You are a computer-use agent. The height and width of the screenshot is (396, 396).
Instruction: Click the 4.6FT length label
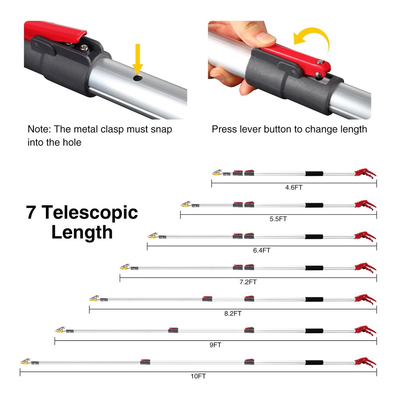coord(294,187)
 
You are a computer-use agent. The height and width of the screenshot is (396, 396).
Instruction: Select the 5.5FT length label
coord(278,219)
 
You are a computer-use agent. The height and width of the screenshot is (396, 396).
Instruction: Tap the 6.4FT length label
coord(262,250)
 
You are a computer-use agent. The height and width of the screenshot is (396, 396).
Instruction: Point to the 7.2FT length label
coord(248,282)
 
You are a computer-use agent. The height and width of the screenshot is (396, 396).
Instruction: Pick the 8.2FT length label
coord(233,313)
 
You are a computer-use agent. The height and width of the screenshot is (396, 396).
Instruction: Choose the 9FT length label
coord(215,345)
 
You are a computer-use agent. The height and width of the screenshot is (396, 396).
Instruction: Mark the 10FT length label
coord(198,376)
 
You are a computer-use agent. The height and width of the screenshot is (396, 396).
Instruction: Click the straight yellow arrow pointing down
coord(138,59)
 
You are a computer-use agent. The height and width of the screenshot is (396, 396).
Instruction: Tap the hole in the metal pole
coord(137,78)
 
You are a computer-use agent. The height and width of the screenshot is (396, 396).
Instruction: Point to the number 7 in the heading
coord(31,212)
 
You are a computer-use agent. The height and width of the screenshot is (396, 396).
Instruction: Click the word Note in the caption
coord(39,129)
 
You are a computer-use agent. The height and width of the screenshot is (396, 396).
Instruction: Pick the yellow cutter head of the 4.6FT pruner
coord(217,173)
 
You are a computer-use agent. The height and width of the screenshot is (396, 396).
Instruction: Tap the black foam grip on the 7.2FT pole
coord(314,268)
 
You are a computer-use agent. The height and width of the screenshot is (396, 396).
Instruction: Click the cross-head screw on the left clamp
coord(84,48)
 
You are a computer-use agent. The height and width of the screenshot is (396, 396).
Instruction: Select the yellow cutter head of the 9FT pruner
coord(60,330)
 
